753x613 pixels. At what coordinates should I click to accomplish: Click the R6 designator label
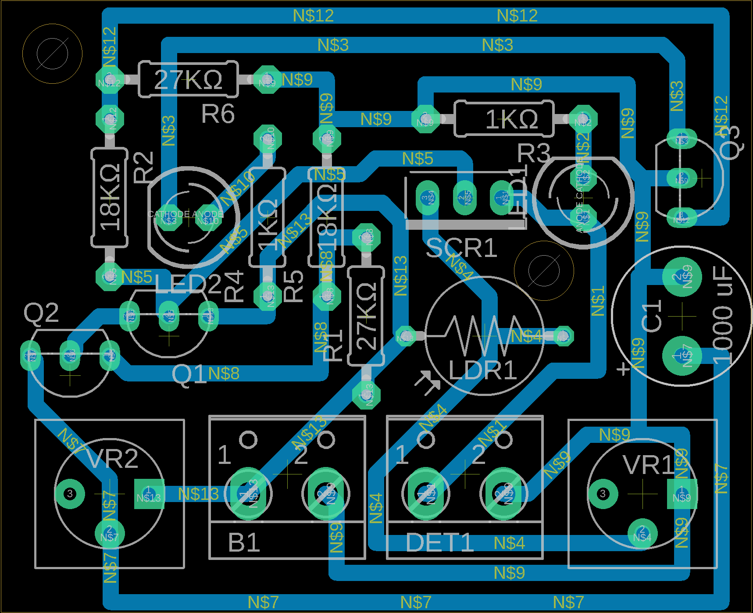pos(218,114)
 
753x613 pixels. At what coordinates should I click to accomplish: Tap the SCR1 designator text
pos(461,248)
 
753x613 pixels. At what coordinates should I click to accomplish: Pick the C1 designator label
pos(652,316)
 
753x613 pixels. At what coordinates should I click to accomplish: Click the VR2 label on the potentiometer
pos(113,459)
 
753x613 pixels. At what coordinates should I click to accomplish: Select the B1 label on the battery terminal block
pos(244,543)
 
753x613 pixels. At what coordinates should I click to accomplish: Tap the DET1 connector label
pos(439,543)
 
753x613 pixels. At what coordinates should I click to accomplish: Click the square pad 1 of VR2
pos(149,494)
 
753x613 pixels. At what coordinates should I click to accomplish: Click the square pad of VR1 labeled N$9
pos(682,494)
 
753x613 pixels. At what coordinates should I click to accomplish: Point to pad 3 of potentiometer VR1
pos(603,494)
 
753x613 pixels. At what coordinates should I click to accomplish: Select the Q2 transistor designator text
pos(41,313)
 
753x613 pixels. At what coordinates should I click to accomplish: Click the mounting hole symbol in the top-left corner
pos(53,53)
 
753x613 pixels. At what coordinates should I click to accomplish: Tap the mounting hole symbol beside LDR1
pos(544,271)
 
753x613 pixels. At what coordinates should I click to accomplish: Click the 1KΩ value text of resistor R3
pos(511,119)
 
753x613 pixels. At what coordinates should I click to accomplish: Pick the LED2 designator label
pos(189,285)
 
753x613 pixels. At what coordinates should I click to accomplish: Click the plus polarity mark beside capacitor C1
pos(623,369)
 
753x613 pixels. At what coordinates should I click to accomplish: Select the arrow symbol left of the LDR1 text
pos(428,382)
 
